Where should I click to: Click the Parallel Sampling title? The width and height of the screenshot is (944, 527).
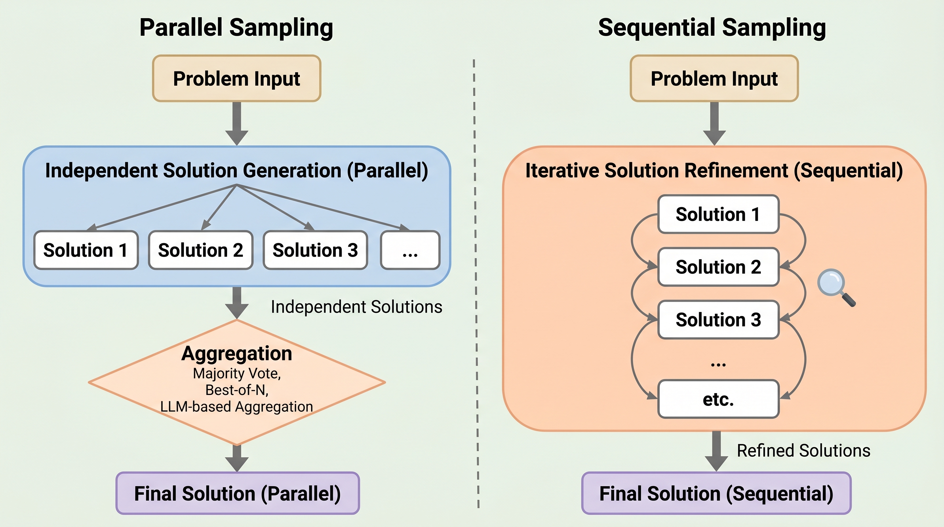click(x=236, y=27)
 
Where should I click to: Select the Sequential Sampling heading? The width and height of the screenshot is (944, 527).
click(x=712, y=27)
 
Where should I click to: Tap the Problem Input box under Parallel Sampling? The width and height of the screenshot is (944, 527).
click(x=237, y=79)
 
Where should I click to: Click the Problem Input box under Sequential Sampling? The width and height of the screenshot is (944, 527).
click(x=714, y=79)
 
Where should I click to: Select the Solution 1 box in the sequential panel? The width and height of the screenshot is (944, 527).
click(x=718, y=214)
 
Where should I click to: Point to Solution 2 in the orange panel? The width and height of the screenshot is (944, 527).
click(x=718, y=267)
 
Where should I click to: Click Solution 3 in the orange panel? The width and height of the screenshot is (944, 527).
click(x=718, y=320)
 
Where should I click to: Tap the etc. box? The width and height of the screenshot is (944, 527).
click(x=718, y=399)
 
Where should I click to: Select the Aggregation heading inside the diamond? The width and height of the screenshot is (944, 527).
click(x=237, y=354)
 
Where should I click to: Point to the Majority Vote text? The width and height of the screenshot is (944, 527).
click(x=237, y=373)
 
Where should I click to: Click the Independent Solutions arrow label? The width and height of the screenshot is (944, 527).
click(x=356, y=307)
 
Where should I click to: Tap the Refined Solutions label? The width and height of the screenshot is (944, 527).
click(x=804, y=451)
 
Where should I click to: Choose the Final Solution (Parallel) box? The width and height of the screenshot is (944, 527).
click(x=237, y=493)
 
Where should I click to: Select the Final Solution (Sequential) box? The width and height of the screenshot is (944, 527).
click(x=717, y=493)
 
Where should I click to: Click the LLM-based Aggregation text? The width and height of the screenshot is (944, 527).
click(x=237, y=407)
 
